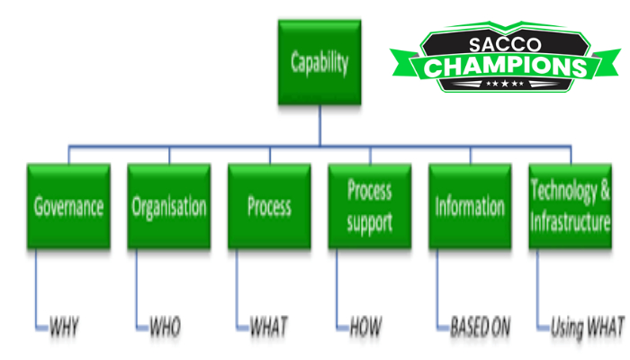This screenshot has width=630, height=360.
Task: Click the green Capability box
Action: (x=319, y=64)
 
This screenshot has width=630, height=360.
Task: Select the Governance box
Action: (x=68, y=206)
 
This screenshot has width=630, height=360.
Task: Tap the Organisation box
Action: (x=169, y=206)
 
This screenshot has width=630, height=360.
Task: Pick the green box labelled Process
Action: (x=270, y=206)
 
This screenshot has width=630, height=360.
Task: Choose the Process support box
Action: (x=370, y=206)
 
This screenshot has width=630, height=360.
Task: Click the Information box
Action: (x=470, y=206)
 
